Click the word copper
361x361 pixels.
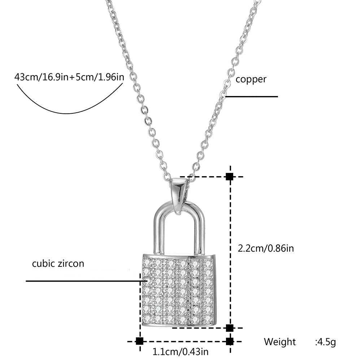[x=251, y=79]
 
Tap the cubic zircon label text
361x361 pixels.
[x=58, y=264]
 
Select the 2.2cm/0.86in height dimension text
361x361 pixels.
[x=266, y=248]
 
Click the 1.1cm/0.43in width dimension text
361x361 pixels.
[x=180, y=351]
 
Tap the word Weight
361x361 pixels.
[x=279, y=342]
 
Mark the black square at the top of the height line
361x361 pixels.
[x=229, y=177]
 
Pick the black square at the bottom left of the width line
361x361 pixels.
[x=140, y=341]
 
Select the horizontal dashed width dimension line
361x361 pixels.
[x=184, y=341]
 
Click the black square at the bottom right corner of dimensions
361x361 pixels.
[x=229, y=341]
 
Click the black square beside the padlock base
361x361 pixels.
[x=229, y=328]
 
